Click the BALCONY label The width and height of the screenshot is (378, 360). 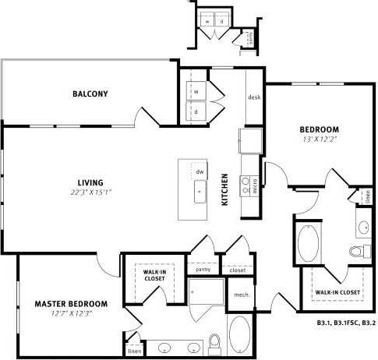[x=90, y=94]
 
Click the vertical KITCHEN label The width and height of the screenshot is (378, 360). [x=225, y=189]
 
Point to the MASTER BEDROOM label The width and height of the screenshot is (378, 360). [x=71, y=303]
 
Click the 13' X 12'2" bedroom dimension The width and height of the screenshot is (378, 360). [x=320, y=139]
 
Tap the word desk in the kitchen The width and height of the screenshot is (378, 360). [x=253, y=97]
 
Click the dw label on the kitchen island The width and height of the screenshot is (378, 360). [x=200, y=171]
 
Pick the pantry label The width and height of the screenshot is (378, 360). [x=203, y=270]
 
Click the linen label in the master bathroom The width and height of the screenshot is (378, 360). [x=135, y=351]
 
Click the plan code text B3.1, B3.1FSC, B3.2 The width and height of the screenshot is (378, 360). [x=346, y=321]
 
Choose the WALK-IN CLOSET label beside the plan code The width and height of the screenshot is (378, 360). [x=337, y=292]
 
